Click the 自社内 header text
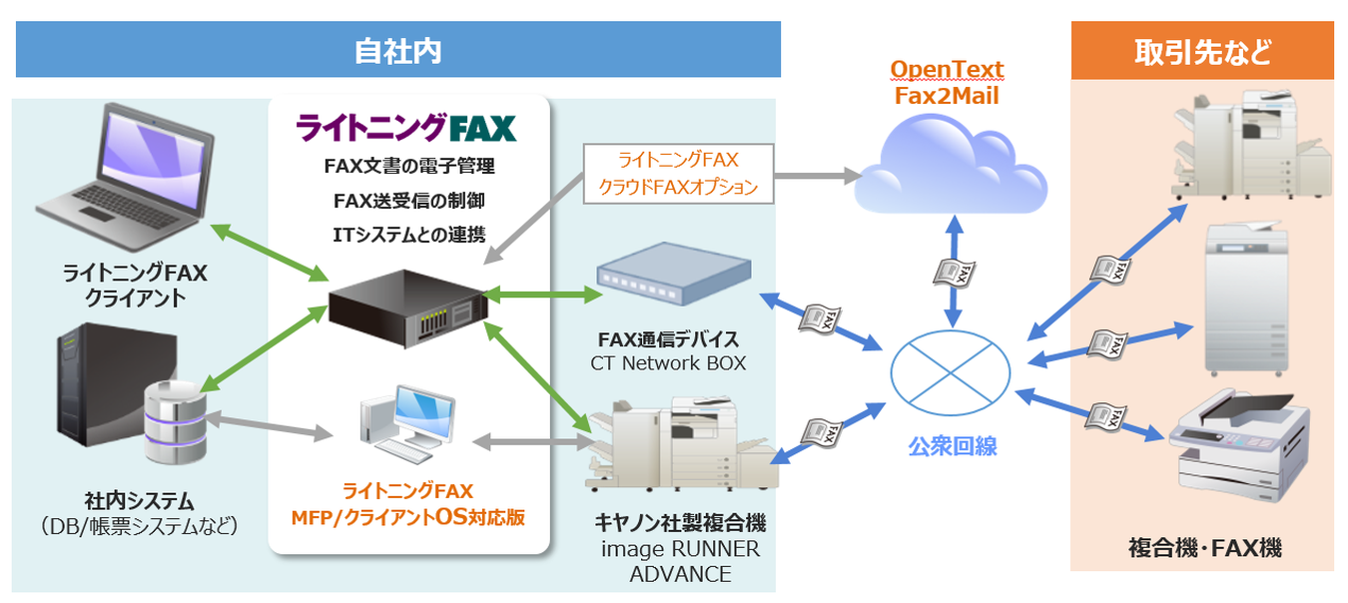click(397, 51)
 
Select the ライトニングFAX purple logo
click(406, 128)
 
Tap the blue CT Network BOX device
click(672, 277)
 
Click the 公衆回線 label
click(952, 446)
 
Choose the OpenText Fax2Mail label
click(947, 83)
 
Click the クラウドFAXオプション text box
click(678, 174)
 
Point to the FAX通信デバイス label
click(668, 337)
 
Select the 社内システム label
click(139, 500)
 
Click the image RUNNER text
click(680, 550)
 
